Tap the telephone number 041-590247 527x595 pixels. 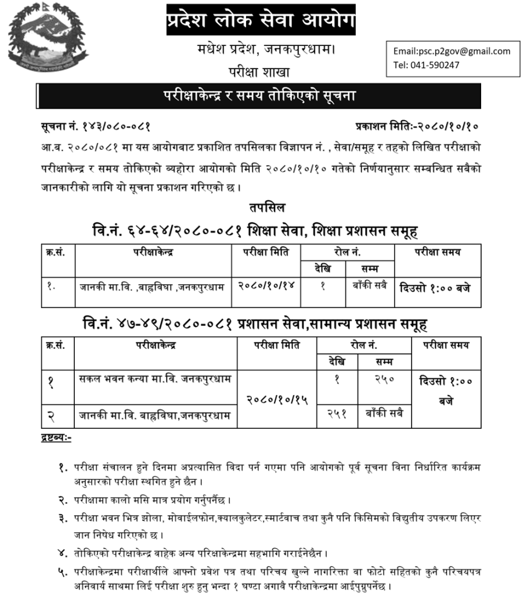point(427,65)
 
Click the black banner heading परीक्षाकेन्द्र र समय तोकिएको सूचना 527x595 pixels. point(258,96)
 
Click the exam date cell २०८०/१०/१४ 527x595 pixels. point(266,286)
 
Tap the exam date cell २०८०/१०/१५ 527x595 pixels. point(277,400)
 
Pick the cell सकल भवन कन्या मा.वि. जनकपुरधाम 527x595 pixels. point(156,379)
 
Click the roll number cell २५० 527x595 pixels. point(384,379)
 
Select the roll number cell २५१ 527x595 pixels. point(337,414)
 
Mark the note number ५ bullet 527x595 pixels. point(63,572)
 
